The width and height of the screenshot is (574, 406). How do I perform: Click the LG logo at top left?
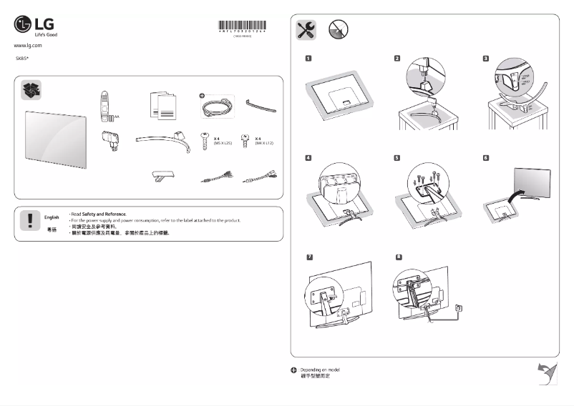pos(34,26)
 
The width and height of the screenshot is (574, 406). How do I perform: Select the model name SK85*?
pos(22,56)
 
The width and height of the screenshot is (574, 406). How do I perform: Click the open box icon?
pos(31,90)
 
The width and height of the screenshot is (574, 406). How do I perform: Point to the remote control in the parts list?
pos(104,104)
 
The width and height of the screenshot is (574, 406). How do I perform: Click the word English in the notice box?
pos(52,216)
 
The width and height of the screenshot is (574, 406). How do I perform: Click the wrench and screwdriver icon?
pos(306,29)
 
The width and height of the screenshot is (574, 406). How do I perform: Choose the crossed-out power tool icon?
pos(338,29)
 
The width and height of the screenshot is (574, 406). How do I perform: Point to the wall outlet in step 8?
pos(459,308)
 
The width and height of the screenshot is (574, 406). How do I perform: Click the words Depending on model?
pos(319,370)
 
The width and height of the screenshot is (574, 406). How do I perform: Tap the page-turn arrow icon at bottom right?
pos(547,372)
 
